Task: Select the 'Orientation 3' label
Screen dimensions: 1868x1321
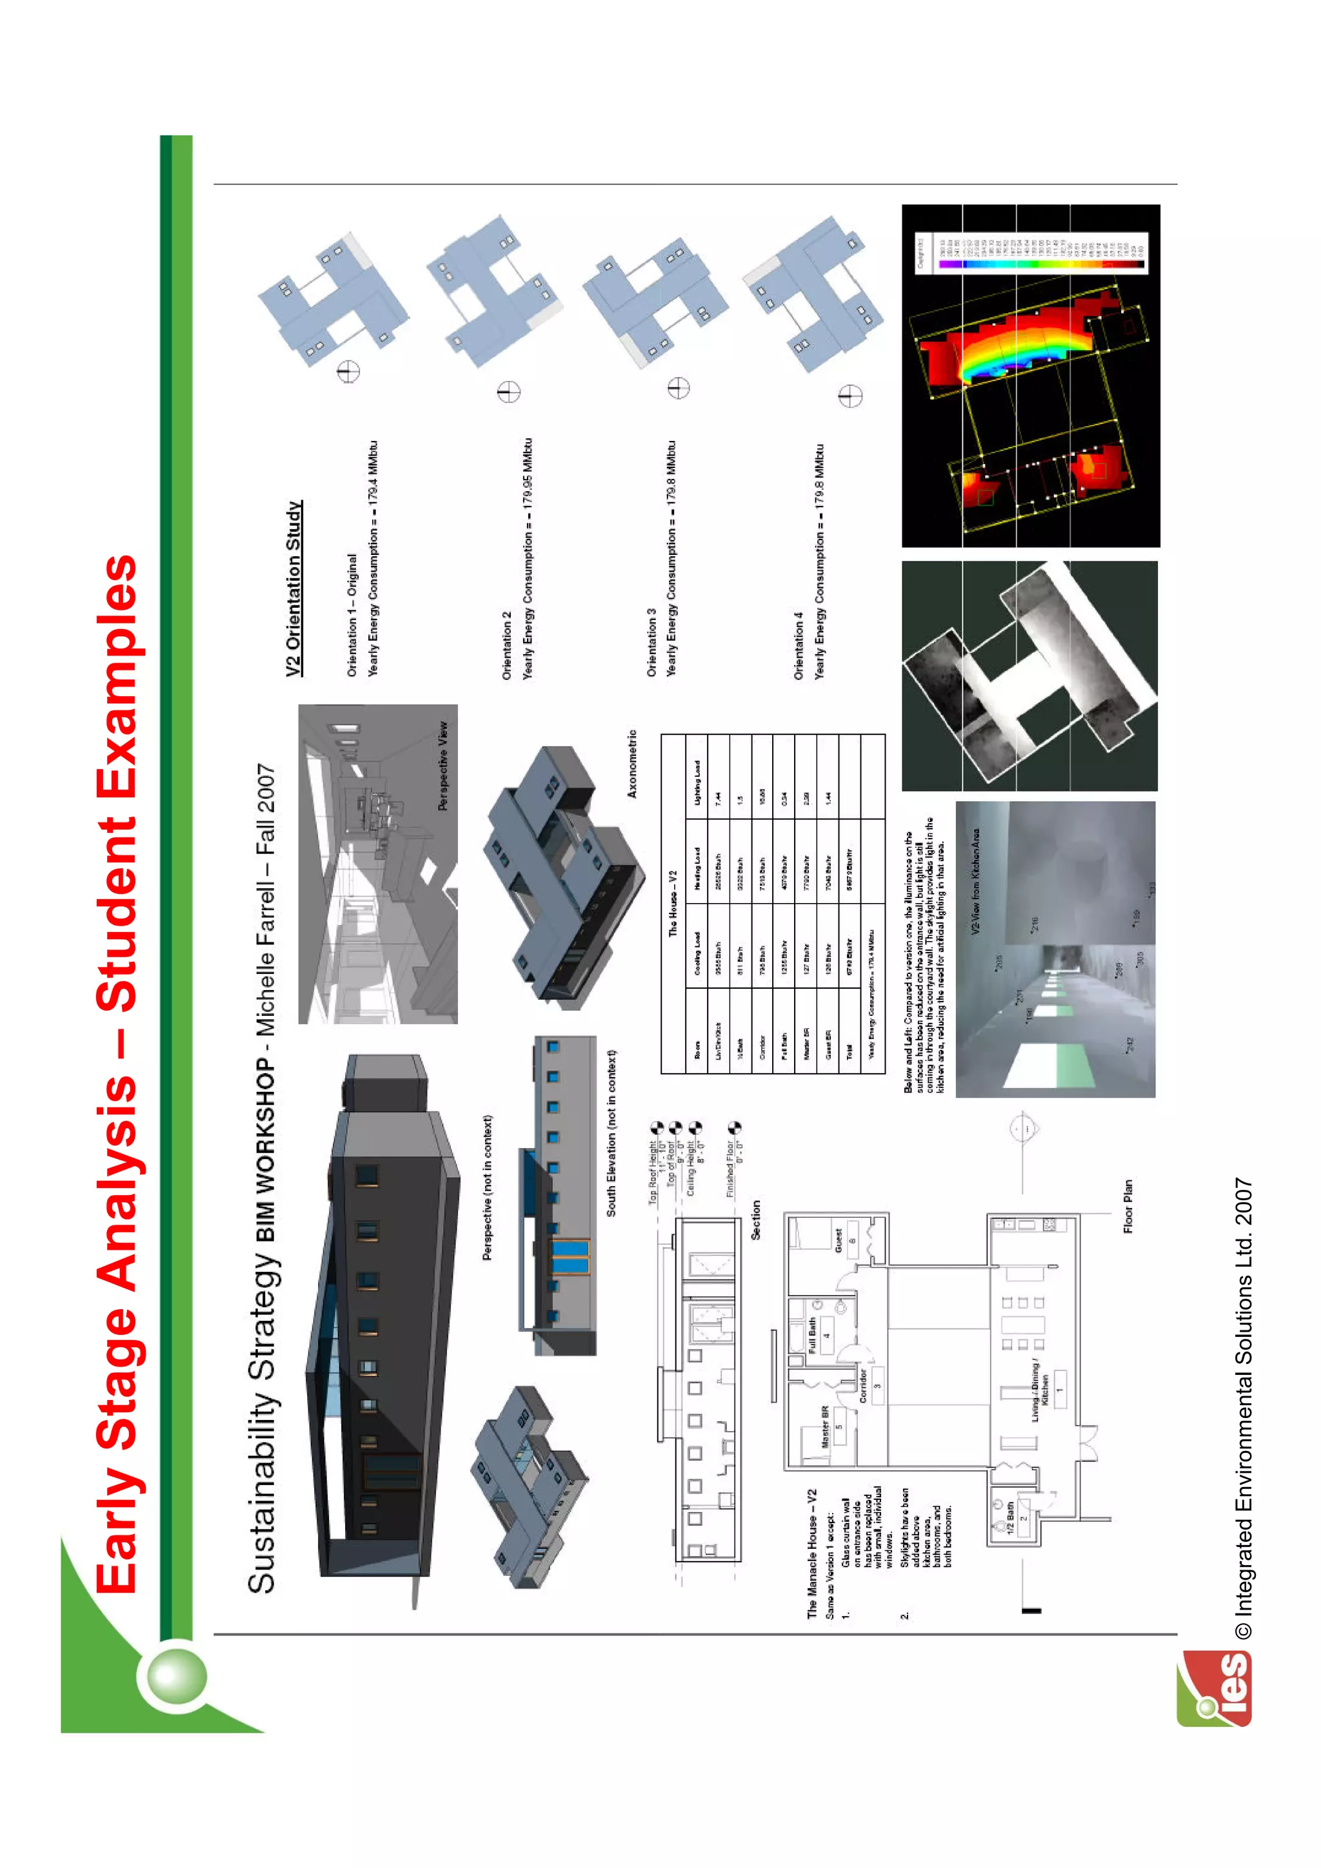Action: click(651, 643)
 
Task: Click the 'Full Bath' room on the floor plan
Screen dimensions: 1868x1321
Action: click(811, 1335)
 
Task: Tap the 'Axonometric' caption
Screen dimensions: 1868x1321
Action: click(632, 764)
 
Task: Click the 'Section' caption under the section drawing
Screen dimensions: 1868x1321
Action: click(755, 1220)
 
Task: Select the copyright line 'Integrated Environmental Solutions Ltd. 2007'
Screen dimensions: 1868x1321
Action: click(1244, 1408)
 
